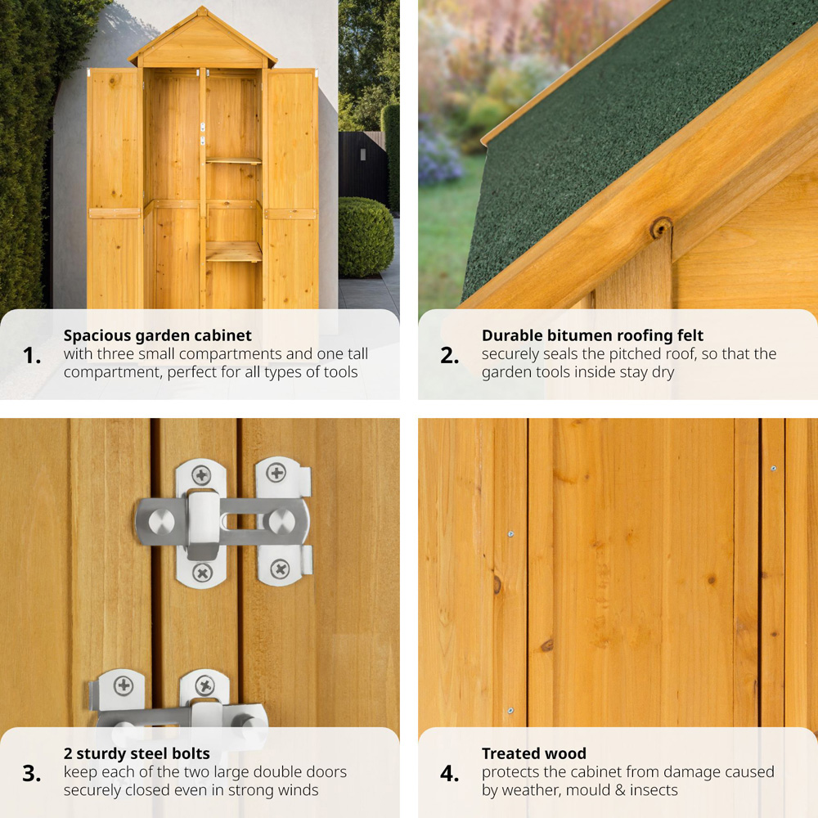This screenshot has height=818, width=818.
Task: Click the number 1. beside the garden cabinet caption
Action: (x=32, y=356)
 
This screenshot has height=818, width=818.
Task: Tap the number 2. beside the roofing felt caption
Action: (x=450, y=356)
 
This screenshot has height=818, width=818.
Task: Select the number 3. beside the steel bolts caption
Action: (x=32, y=774)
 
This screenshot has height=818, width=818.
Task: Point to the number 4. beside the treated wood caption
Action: (x=450, y=774)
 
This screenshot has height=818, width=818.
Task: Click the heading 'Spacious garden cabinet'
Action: (x=158, y=335)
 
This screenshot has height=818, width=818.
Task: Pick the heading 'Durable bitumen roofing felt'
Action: (x=592, y=335)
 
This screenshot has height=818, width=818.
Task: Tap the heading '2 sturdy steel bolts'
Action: (x=137, y=754)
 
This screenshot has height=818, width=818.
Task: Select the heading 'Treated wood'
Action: (x=534, y=754)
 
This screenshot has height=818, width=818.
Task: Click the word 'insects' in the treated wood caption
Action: (x=654, y=790)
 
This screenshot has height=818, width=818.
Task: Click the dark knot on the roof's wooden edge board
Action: (x=662, y=228)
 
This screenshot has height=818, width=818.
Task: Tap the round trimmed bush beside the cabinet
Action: (x=365, y=237)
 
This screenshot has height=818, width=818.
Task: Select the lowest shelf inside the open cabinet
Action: (x=233, y=252)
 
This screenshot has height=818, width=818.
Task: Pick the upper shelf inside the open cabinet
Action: (x=233, y=161)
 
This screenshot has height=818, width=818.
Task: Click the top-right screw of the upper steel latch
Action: (x=276, y=473)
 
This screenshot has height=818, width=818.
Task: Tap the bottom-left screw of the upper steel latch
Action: (x=202, y=573)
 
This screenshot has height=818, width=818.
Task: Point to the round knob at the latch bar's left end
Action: (x=162, y=522)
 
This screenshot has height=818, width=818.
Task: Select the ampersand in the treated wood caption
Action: (x=620, y=790)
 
